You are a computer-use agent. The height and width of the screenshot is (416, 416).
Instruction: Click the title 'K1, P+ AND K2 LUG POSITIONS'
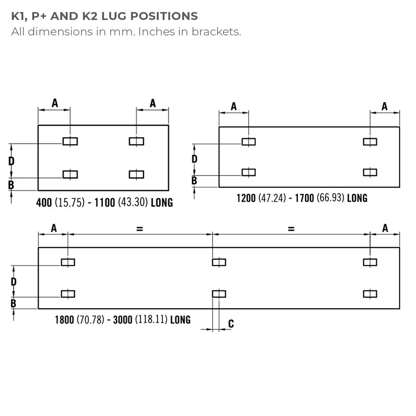(x=104, y=17)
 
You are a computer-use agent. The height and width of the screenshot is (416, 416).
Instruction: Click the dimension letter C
(x=231, y=324)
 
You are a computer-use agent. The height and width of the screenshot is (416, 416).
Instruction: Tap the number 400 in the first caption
(x=44, y=203)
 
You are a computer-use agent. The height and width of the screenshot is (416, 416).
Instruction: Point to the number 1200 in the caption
(x=246, y=198)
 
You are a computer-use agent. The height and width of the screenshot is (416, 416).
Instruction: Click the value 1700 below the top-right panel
(x=305, y=198)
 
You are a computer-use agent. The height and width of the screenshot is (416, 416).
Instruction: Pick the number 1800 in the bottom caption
(x=64, y=320)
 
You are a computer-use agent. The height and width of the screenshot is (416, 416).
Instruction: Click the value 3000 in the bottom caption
(x=123, y=320)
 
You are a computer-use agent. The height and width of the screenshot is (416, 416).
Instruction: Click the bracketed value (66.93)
(x=331, y=198)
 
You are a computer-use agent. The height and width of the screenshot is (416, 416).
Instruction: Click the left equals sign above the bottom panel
(x=139, y=228)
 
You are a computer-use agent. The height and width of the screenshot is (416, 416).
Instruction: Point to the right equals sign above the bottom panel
(x=291, y=228)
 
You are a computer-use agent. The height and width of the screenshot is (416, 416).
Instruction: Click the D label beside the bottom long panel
(x=14, y=282)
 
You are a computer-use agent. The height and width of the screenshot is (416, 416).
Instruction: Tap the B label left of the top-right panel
(x=194, y=181)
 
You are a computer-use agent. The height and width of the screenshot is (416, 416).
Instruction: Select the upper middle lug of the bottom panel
(x=219, y=262)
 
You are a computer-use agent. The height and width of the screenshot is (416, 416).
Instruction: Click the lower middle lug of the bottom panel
(x=219, y=294)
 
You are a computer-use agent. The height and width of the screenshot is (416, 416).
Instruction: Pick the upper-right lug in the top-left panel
(x=136, y=141)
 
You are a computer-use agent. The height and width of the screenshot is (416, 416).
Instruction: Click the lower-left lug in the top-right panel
(x=249, y=172)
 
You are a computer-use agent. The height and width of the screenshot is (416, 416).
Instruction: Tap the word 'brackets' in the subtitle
(x=216, y=32)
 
